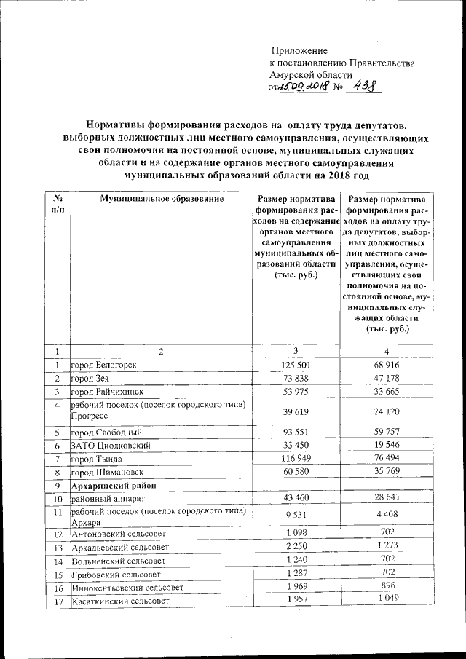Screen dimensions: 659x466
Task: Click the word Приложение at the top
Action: click(299, 51)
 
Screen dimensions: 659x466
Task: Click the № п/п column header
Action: click(57, 204)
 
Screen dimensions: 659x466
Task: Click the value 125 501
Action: click(296, 364)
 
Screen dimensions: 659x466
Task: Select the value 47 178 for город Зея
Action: click(387, 378)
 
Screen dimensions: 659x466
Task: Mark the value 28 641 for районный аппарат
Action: click(387, 498)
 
